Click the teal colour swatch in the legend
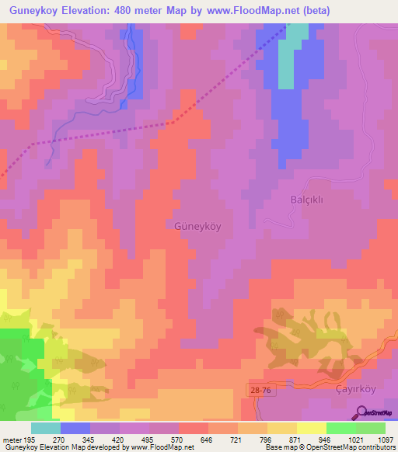pyautogui.click(x=46, y=427)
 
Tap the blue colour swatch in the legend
pyautogui.click(x=75, y=427)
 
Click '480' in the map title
pyautogui.click(x=124, y=11)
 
